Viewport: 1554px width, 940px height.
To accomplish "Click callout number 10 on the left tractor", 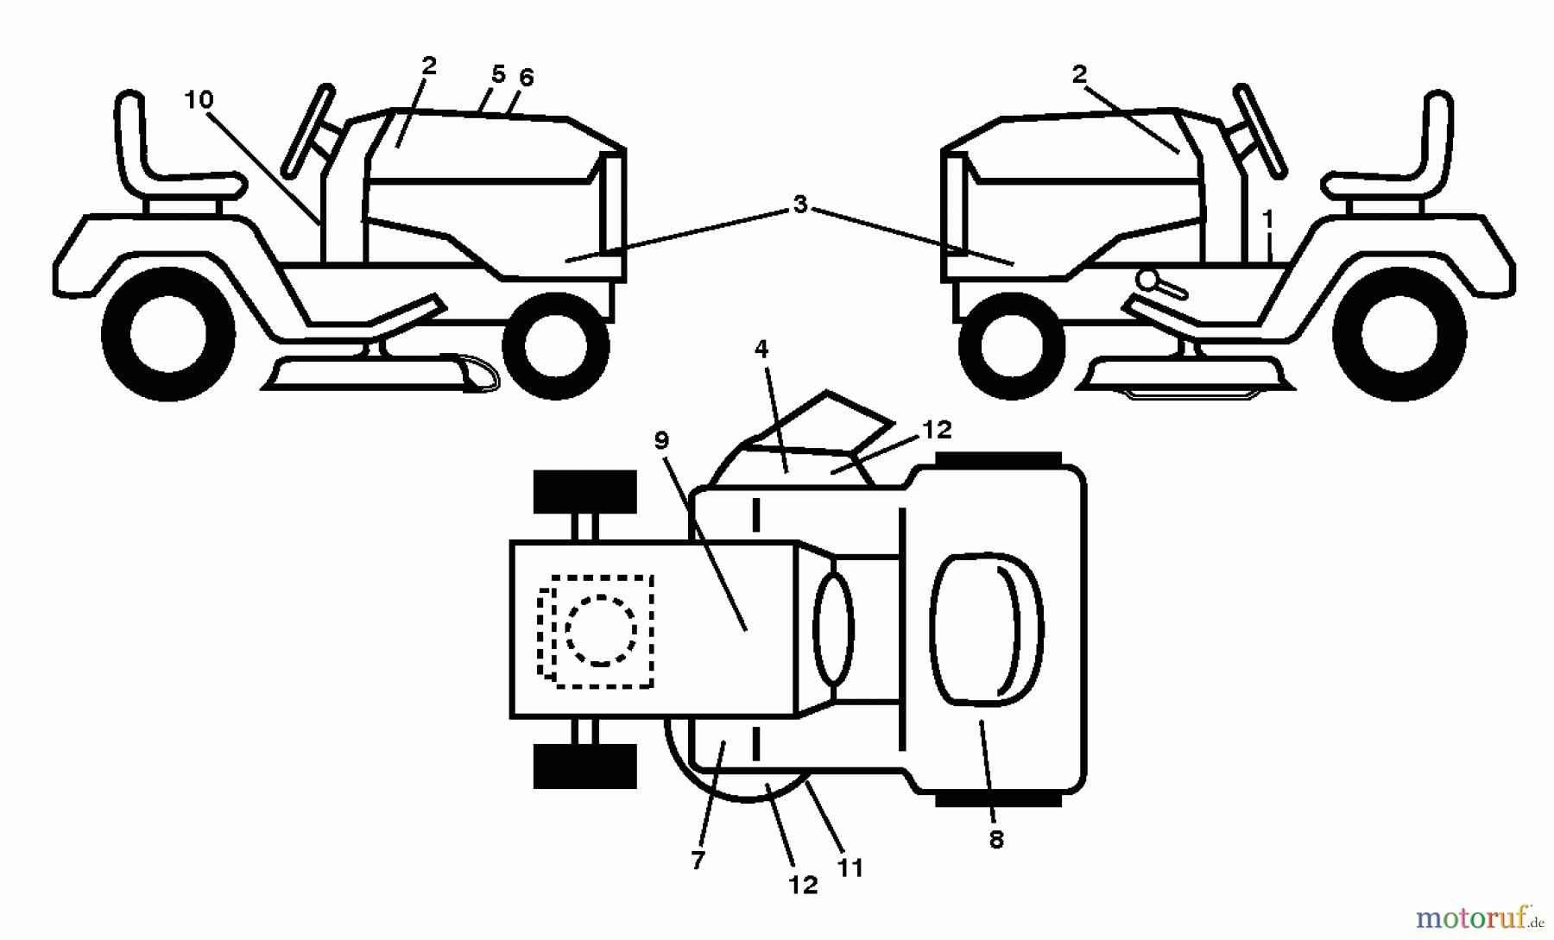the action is (x=199, y=100).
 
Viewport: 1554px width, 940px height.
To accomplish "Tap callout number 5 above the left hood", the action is (x=498, y=74).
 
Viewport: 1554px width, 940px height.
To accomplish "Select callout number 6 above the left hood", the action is (x=526, y=78).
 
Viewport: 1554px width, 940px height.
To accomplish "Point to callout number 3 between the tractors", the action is (x=800, y=205).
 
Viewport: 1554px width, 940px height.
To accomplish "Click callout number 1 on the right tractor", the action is (x=1267, y=220).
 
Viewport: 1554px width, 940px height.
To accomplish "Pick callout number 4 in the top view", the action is (x=761, y=349).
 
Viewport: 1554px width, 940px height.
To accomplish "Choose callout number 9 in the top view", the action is (x=661, y=440).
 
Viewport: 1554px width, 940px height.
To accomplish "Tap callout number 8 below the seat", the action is (x=996, y=839).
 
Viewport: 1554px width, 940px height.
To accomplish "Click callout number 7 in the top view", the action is (x=698, y=860).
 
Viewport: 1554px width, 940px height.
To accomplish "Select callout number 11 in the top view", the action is (x=850, y=867).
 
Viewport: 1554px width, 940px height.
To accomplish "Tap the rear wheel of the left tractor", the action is (x=168, y=335).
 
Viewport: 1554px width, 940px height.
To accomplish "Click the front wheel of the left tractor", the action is (x=556, y=345).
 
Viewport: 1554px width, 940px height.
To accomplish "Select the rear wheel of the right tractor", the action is (x=1399, y=335).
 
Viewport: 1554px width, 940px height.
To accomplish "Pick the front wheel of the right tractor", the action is (x=1000, y=345).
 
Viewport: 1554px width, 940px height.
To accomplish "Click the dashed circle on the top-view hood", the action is (x=601, y=629).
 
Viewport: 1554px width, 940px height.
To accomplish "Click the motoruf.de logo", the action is (x=1480, y=917).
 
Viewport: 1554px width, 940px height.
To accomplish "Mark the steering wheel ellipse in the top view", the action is (x=832, y=629).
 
